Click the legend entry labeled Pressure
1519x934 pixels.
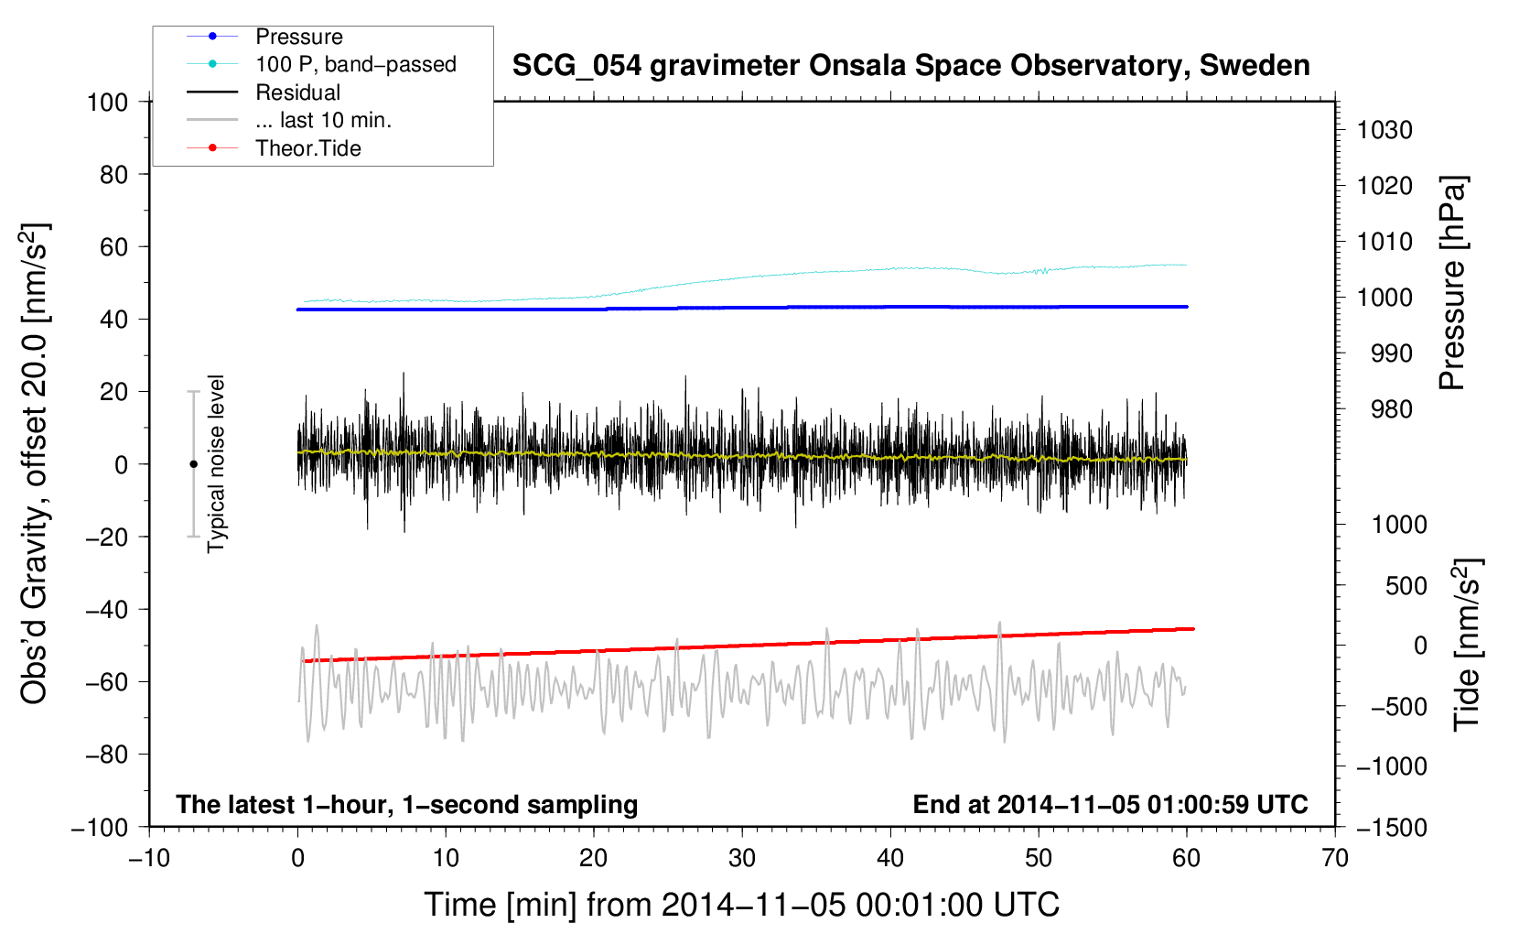pyautogui.click(x=298, y=37)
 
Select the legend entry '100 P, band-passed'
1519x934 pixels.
pyautogui.click(x=355, y=64)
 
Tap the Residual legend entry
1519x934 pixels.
pyautogui.click(x=297, y=92)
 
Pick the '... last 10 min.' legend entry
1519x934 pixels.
pyautogui.click(x=323, y=120)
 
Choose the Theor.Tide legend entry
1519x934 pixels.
pyautogui.click(x=307, y=148)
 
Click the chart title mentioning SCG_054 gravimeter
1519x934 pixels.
pyautogui.click(x=910, y=66)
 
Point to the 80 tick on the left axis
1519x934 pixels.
pyautogui.click(x=113, y=174)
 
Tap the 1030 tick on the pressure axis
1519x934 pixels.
pyautogui.click(x=1384, y=130)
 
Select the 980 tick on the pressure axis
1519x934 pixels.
pyautogui.click(x=1391, y=409)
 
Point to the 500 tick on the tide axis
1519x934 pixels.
pyautogui.click(x=1406, y=585)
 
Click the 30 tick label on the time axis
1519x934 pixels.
pyautogui.click(x=742, y=858)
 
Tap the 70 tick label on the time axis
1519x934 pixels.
pyautogui.click(x=1335, y=858)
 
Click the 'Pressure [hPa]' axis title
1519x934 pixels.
pyautogui.click(x=1452, y=284)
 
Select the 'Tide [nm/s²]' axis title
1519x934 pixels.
pyautogui.click(x=1467, y=645)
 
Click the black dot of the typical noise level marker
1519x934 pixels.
pyautogui.click(x=193, y=464)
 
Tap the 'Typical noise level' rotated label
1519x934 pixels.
pyautogui.click(x=216, y=463)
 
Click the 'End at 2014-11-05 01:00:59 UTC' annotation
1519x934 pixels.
pyautogui.click(x=1110, y=804)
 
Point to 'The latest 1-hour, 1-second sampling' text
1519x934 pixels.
pyautogui.click(x=407, y=804)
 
